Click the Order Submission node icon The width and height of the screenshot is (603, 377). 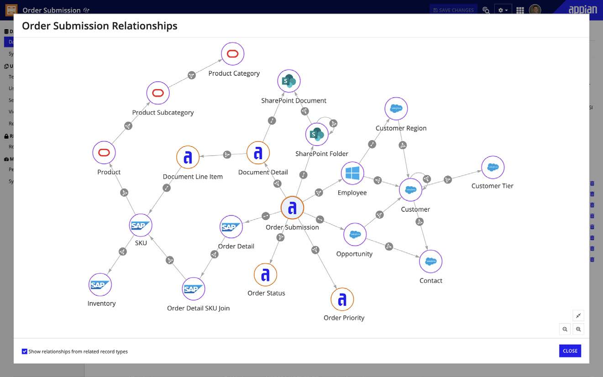tap(292, 208)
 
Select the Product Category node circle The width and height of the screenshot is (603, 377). tap(233, 54)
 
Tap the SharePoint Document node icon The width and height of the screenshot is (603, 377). tap(289, 81)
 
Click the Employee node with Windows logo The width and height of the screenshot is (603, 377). tap(352, 173)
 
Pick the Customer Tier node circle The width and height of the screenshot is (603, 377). tap(493, 168)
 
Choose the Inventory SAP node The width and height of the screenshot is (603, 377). tap(100, 285)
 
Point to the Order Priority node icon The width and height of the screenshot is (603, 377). tap(342, 299)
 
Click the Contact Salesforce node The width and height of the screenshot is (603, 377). tap(430, 262)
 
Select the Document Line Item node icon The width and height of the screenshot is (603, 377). tap(188, 157)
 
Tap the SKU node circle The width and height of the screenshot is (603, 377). tap(140, 225)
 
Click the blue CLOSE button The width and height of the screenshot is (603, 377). tap(570, 351)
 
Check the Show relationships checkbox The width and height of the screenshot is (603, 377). tap(25, 351)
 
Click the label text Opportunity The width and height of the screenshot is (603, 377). tap(354, 254)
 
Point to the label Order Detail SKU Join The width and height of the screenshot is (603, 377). tap(198, 308)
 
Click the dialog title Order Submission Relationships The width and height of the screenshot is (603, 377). tap(100, 26)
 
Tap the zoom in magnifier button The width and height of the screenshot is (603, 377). tap(578, 329)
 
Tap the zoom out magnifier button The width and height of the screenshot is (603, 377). tap(565, 329)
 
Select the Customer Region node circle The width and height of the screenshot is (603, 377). tap(396, 109)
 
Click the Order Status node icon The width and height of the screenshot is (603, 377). tap(265, 275)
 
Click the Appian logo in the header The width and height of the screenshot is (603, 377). tap(583, 9)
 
